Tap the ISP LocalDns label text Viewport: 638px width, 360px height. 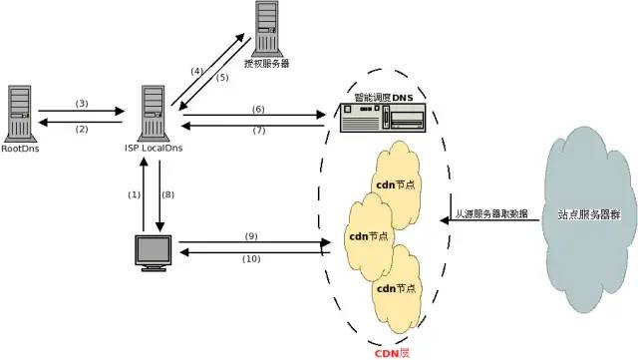(153, 150)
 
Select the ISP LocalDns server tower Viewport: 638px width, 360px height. (154, 113)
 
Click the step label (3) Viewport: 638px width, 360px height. (82, 103)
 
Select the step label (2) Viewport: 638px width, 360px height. (82, 128)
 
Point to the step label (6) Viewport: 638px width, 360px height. (258, 107)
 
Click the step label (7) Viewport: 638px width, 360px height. (258, 131)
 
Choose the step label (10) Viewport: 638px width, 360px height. (250, 259)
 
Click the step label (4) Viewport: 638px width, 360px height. (196, 71)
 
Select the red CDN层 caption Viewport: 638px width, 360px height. (391, 351)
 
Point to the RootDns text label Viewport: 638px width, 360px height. (21, 150)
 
